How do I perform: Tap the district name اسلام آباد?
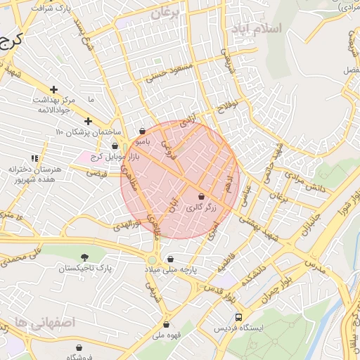280,29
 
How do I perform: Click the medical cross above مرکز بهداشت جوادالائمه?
33,89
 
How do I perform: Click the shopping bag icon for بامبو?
143,130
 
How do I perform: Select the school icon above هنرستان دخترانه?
34,159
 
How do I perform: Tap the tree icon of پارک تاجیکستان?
85,257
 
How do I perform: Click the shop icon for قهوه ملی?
166,324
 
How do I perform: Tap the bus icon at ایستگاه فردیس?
239,317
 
